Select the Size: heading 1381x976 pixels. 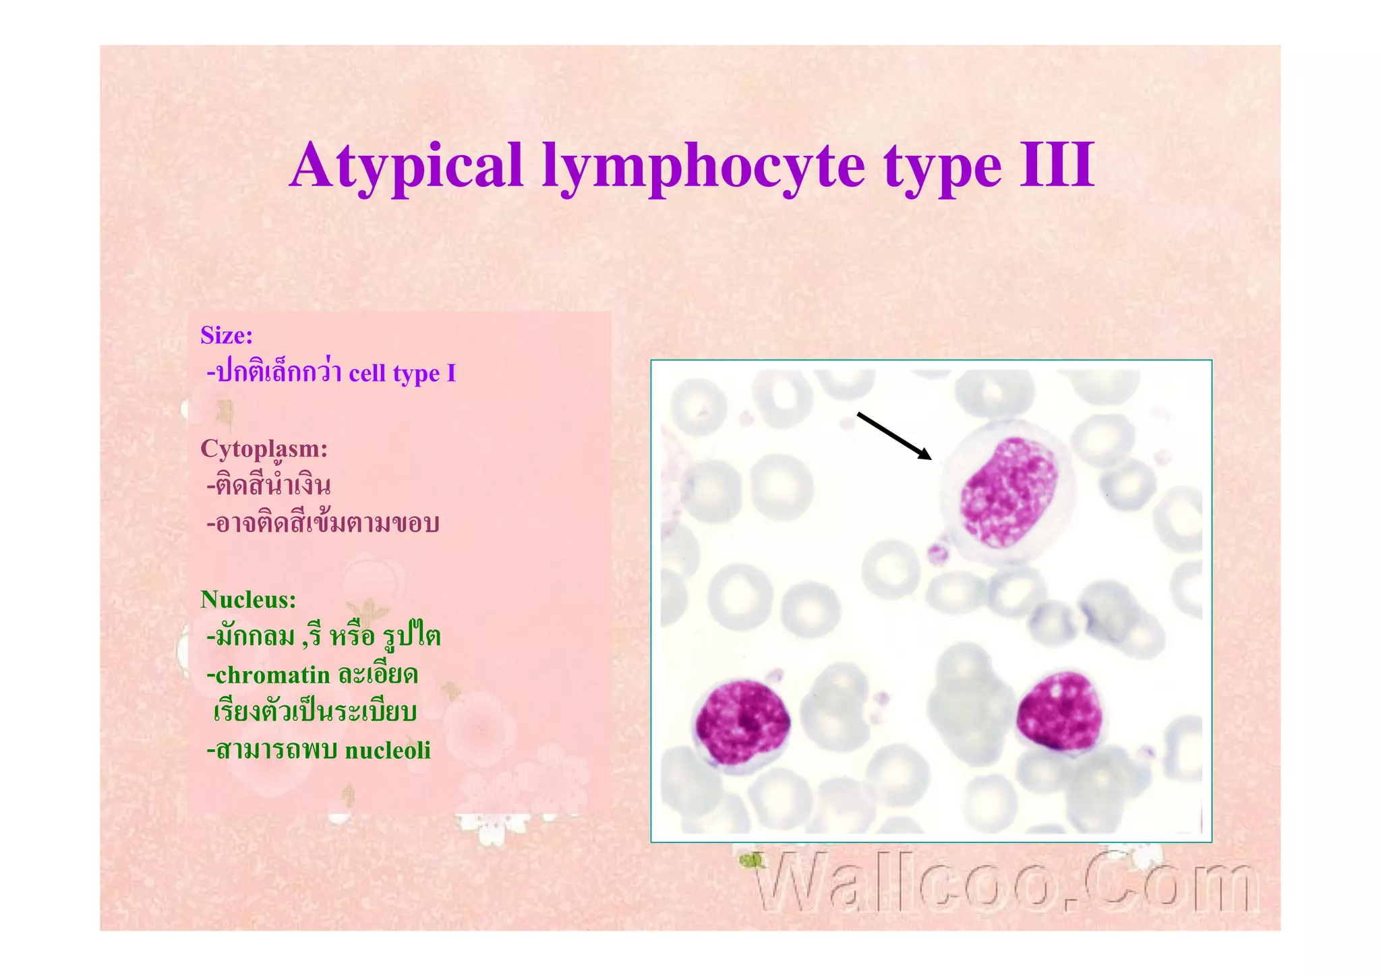pos(227,335)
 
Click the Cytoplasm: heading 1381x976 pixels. pos(264,449)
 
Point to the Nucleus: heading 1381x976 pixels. pos(248,599)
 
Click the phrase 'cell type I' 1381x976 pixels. pos(403,373)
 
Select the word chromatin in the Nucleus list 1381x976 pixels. pos(272,674)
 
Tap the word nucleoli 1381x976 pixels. pos(388,750)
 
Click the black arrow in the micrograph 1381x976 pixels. pos(893,436)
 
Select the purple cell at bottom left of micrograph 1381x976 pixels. pos(742,722)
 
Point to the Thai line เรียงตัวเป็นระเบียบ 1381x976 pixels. pos(315,712)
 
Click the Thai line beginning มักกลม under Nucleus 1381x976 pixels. pos(324,636)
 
